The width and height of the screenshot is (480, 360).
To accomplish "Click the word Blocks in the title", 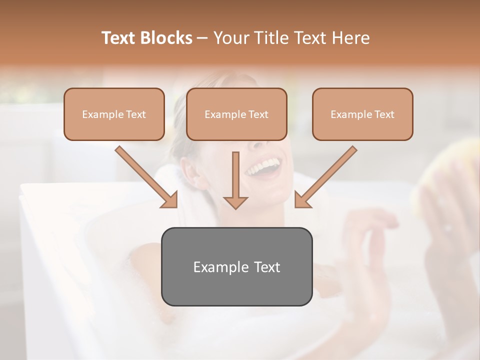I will (166, 38).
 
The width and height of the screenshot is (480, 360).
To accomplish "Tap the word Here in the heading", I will (351, 38).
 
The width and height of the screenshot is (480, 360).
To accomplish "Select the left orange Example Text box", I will (114, 114).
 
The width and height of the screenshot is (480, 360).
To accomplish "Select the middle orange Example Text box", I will (236, 114).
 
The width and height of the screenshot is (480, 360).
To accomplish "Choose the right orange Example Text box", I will (362, 114).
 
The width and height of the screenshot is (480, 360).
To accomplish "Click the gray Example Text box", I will (236, 267).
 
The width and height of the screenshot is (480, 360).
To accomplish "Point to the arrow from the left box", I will (146, 176).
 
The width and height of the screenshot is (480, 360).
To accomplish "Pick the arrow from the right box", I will (326, 176).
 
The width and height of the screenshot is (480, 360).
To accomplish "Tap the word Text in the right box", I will (384, 114).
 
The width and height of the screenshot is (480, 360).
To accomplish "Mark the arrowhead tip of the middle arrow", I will (235, 208).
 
